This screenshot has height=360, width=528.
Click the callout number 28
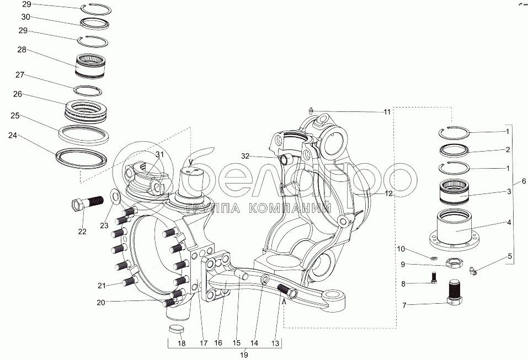(22, 50)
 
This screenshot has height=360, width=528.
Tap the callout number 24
(13, 135)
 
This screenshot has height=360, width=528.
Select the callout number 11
(387, 112)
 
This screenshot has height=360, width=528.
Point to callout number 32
(246, 156)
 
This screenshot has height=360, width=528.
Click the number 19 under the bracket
(244, 354)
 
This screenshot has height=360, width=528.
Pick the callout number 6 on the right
(524, 181)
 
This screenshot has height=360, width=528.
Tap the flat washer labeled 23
(115, 196)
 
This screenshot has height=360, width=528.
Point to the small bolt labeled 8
(434, 278)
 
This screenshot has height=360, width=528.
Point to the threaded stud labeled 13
(286, 291)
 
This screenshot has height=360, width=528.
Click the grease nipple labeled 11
(311, 110)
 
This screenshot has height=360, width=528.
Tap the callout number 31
(159, 154)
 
